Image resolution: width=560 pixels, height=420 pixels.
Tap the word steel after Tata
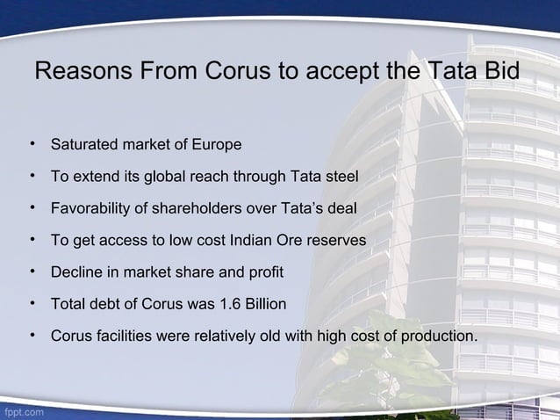click(x=341, y=177)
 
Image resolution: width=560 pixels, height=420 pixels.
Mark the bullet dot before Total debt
click(x=32, y=304)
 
